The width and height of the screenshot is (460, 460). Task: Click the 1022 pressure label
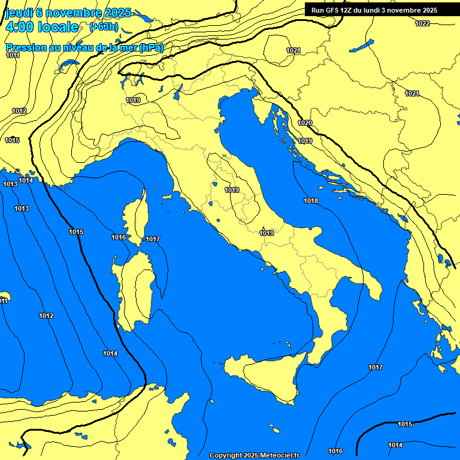422,23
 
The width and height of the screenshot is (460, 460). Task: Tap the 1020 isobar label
305,123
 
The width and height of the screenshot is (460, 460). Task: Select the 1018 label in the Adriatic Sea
310,201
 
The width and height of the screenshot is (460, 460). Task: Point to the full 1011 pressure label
13,56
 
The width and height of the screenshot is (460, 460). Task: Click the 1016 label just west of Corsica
119,238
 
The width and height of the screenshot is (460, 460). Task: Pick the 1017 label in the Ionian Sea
376,367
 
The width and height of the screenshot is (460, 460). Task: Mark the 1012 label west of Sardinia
46,316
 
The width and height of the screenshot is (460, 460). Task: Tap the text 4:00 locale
42,27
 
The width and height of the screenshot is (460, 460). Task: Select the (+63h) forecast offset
104,27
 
